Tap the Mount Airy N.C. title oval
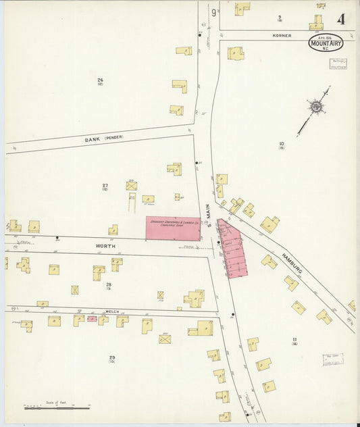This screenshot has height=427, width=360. [x=326, y=43]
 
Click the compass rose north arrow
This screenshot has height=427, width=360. [x=315, y=106]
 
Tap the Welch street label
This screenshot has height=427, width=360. [x=111, y=311]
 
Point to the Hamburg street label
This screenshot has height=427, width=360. [x=292, y=262]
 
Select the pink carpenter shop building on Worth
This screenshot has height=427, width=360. [x=173, y=228]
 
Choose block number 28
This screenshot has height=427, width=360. [x=108, y=286]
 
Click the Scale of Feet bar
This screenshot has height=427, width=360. [x=57, y=408]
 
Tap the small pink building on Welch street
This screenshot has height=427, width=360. [x=92, y=318]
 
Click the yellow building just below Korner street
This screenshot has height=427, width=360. [x=235, y=53]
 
